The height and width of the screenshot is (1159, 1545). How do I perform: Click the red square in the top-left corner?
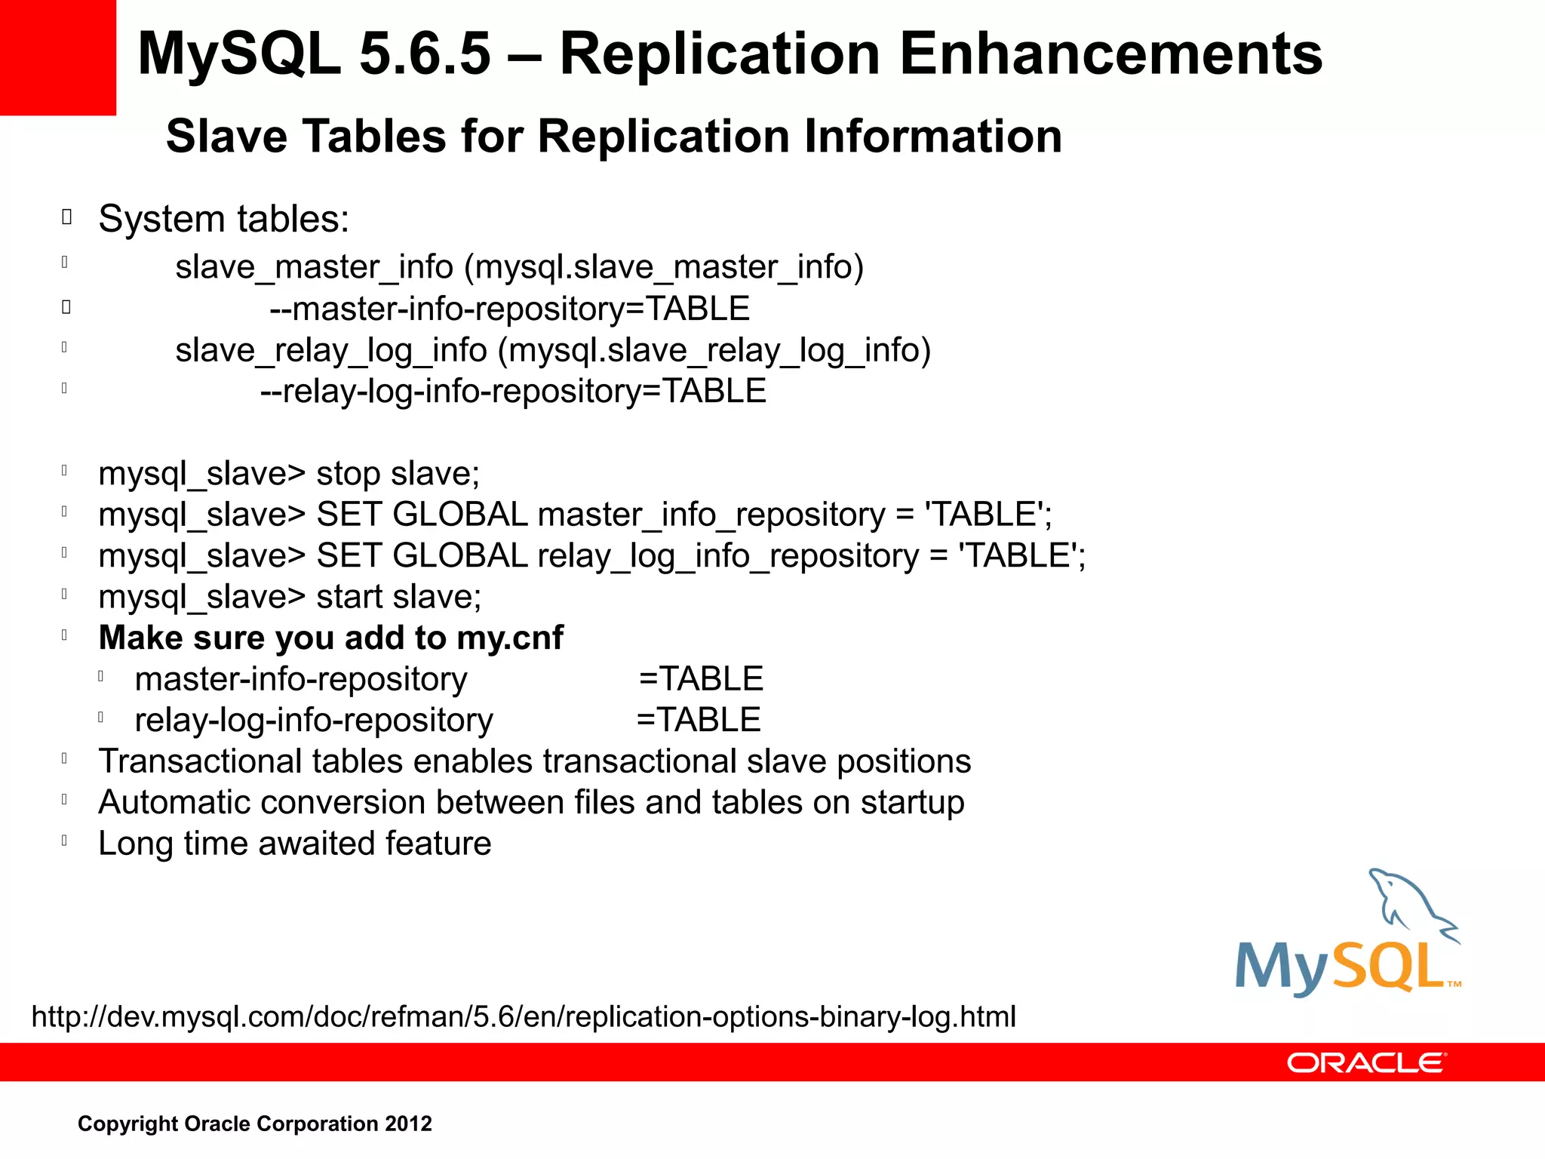click(x=57, y=57)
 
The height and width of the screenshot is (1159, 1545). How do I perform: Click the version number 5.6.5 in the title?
click(x=425, y=54)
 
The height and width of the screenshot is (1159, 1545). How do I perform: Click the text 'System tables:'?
click(x=224, y=220)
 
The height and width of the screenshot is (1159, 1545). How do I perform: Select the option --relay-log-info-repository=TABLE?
click(x=513, y=392)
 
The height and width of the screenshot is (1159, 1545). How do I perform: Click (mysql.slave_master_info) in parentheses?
click(x=664, y=267)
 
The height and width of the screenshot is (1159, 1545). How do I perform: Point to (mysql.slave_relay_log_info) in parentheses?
click(x=714, y=350)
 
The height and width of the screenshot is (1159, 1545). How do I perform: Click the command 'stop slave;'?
click(x=398, y=474)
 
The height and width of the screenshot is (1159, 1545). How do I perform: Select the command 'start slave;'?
click(x=398, y=597)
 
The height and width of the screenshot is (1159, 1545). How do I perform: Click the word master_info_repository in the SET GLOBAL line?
click(x=711, y=515)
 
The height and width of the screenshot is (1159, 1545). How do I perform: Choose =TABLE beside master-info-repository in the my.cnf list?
click(x=701, y=679)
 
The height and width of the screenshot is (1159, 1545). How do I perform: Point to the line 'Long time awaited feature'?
click(x=295, y=844)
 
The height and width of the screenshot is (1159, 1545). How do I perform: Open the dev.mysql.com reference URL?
click(x=524, y=1017)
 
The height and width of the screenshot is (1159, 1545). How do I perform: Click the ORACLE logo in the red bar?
click(x=1366, y=1063)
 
